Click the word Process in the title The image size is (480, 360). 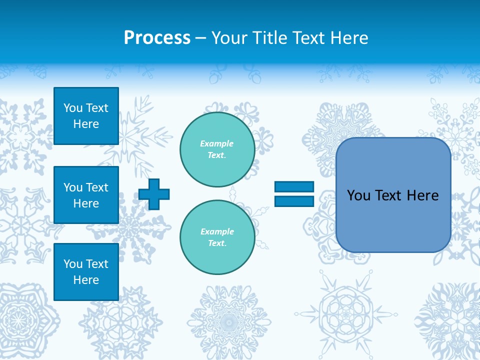point(157,38)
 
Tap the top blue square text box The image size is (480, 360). point(86,116)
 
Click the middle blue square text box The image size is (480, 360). point(86,195)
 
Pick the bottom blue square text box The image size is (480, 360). point(86,272)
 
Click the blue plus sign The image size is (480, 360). point(154,194)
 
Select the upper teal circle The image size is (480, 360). point(217,149)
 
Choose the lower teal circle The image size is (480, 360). point(217,237)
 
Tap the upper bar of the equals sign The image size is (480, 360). point(294,187)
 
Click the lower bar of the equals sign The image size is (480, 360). point(294,201)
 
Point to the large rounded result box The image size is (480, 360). point(393,195)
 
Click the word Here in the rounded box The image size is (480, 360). point(422,195)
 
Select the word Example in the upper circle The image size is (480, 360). point(217,143)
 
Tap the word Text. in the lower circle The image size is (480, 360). point(217,243)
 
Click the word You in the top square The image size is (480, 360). point(73,108)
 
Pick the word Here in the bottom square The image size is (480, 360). point(86,280)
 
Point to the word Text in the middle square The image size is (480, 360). point(97,187)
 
